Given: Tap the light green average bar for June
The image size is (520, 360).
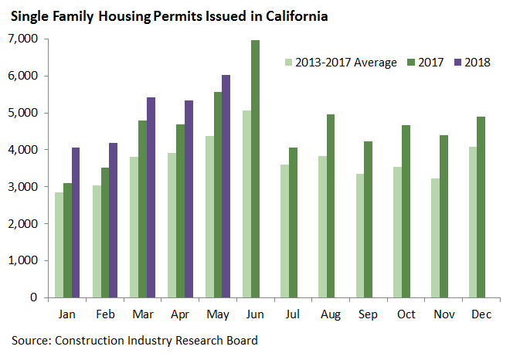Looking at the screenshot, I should pos(246,204).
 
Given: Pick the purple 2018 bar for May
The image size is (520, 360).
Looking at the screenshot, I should pos(226,186).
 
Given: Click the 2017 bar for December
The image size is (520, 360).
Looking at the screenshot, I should pos(481,207).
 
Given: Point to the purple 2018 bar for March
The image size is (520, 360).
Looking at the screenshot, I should pos(151,197).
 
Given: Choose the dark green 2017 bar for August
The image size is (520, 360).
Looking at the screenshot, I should pos(330,205).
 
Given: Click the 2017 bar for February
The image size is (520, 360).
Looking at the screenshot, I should pos(104,233).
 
